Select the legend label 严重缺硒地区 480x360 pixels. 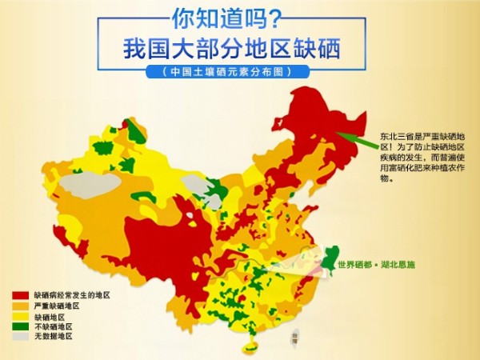pyautogui.click(x=57, y=306)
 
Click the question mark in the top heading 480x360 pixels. pyautogui.click(x=274, y=17)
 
